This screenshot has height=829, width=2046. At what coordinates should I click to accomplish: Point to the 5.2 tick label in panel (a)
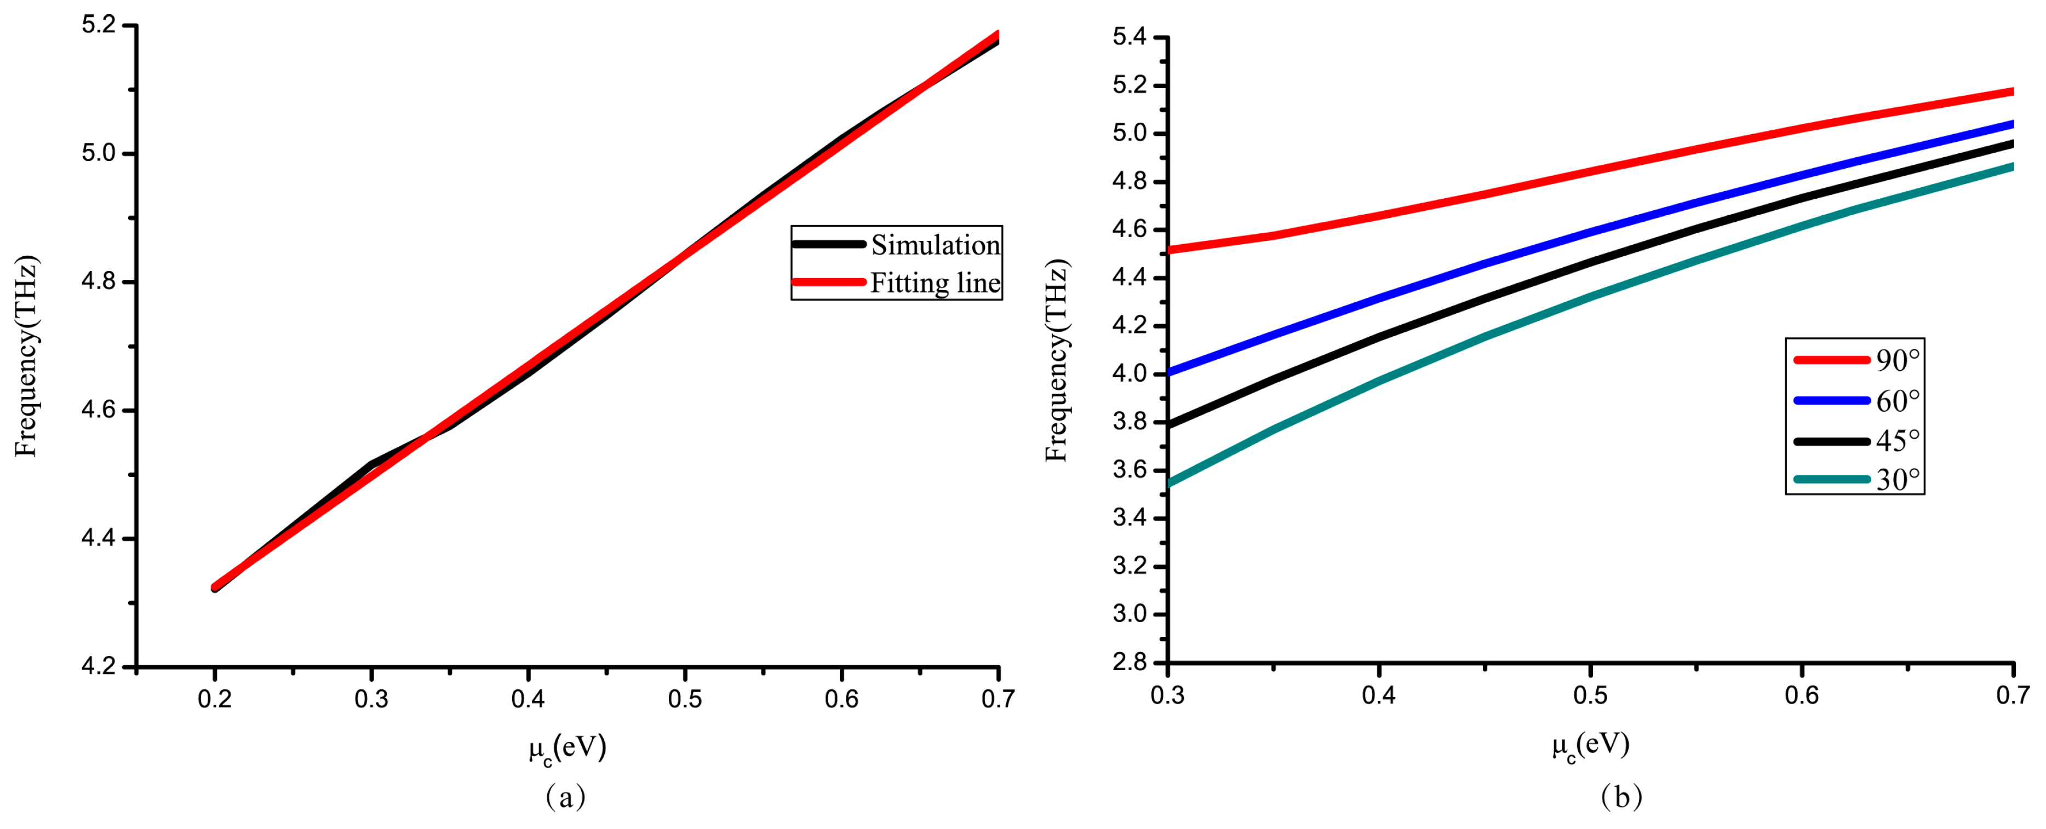click(99, 25)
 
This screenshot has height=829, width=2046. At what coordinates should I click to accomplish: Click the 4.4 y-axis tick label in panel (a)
click(99, 538)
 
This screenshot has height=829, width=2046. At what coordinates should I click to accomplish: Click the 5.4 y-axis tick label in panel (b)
click(1130, 37)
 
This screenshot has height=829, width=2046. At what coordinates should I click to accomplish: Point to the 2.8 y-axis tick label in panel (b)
click(1130, 662)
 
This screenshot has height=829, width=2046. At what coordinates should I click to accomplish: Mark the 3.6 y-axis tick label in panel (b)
click(1130, 470)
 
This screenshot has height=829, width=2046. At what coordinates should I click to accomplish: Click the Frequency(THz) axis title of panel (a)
click(26, 356)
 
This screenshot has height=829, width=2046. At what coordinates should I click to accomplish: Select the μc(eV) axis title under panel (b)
click(1590, 746)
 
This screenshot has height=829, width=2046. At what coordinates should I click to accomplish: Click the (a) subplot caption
click(565, 797)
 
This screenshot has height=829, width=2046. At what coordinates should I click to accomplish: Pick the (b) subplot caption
click(1621, 797)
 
